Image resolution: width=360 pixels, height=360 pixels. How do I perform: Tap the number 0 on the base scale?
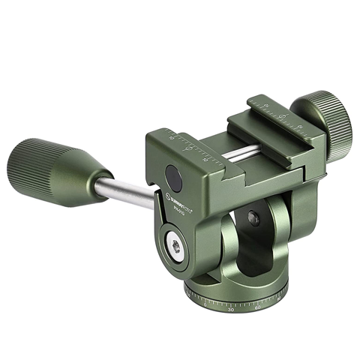coord(205,305)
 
